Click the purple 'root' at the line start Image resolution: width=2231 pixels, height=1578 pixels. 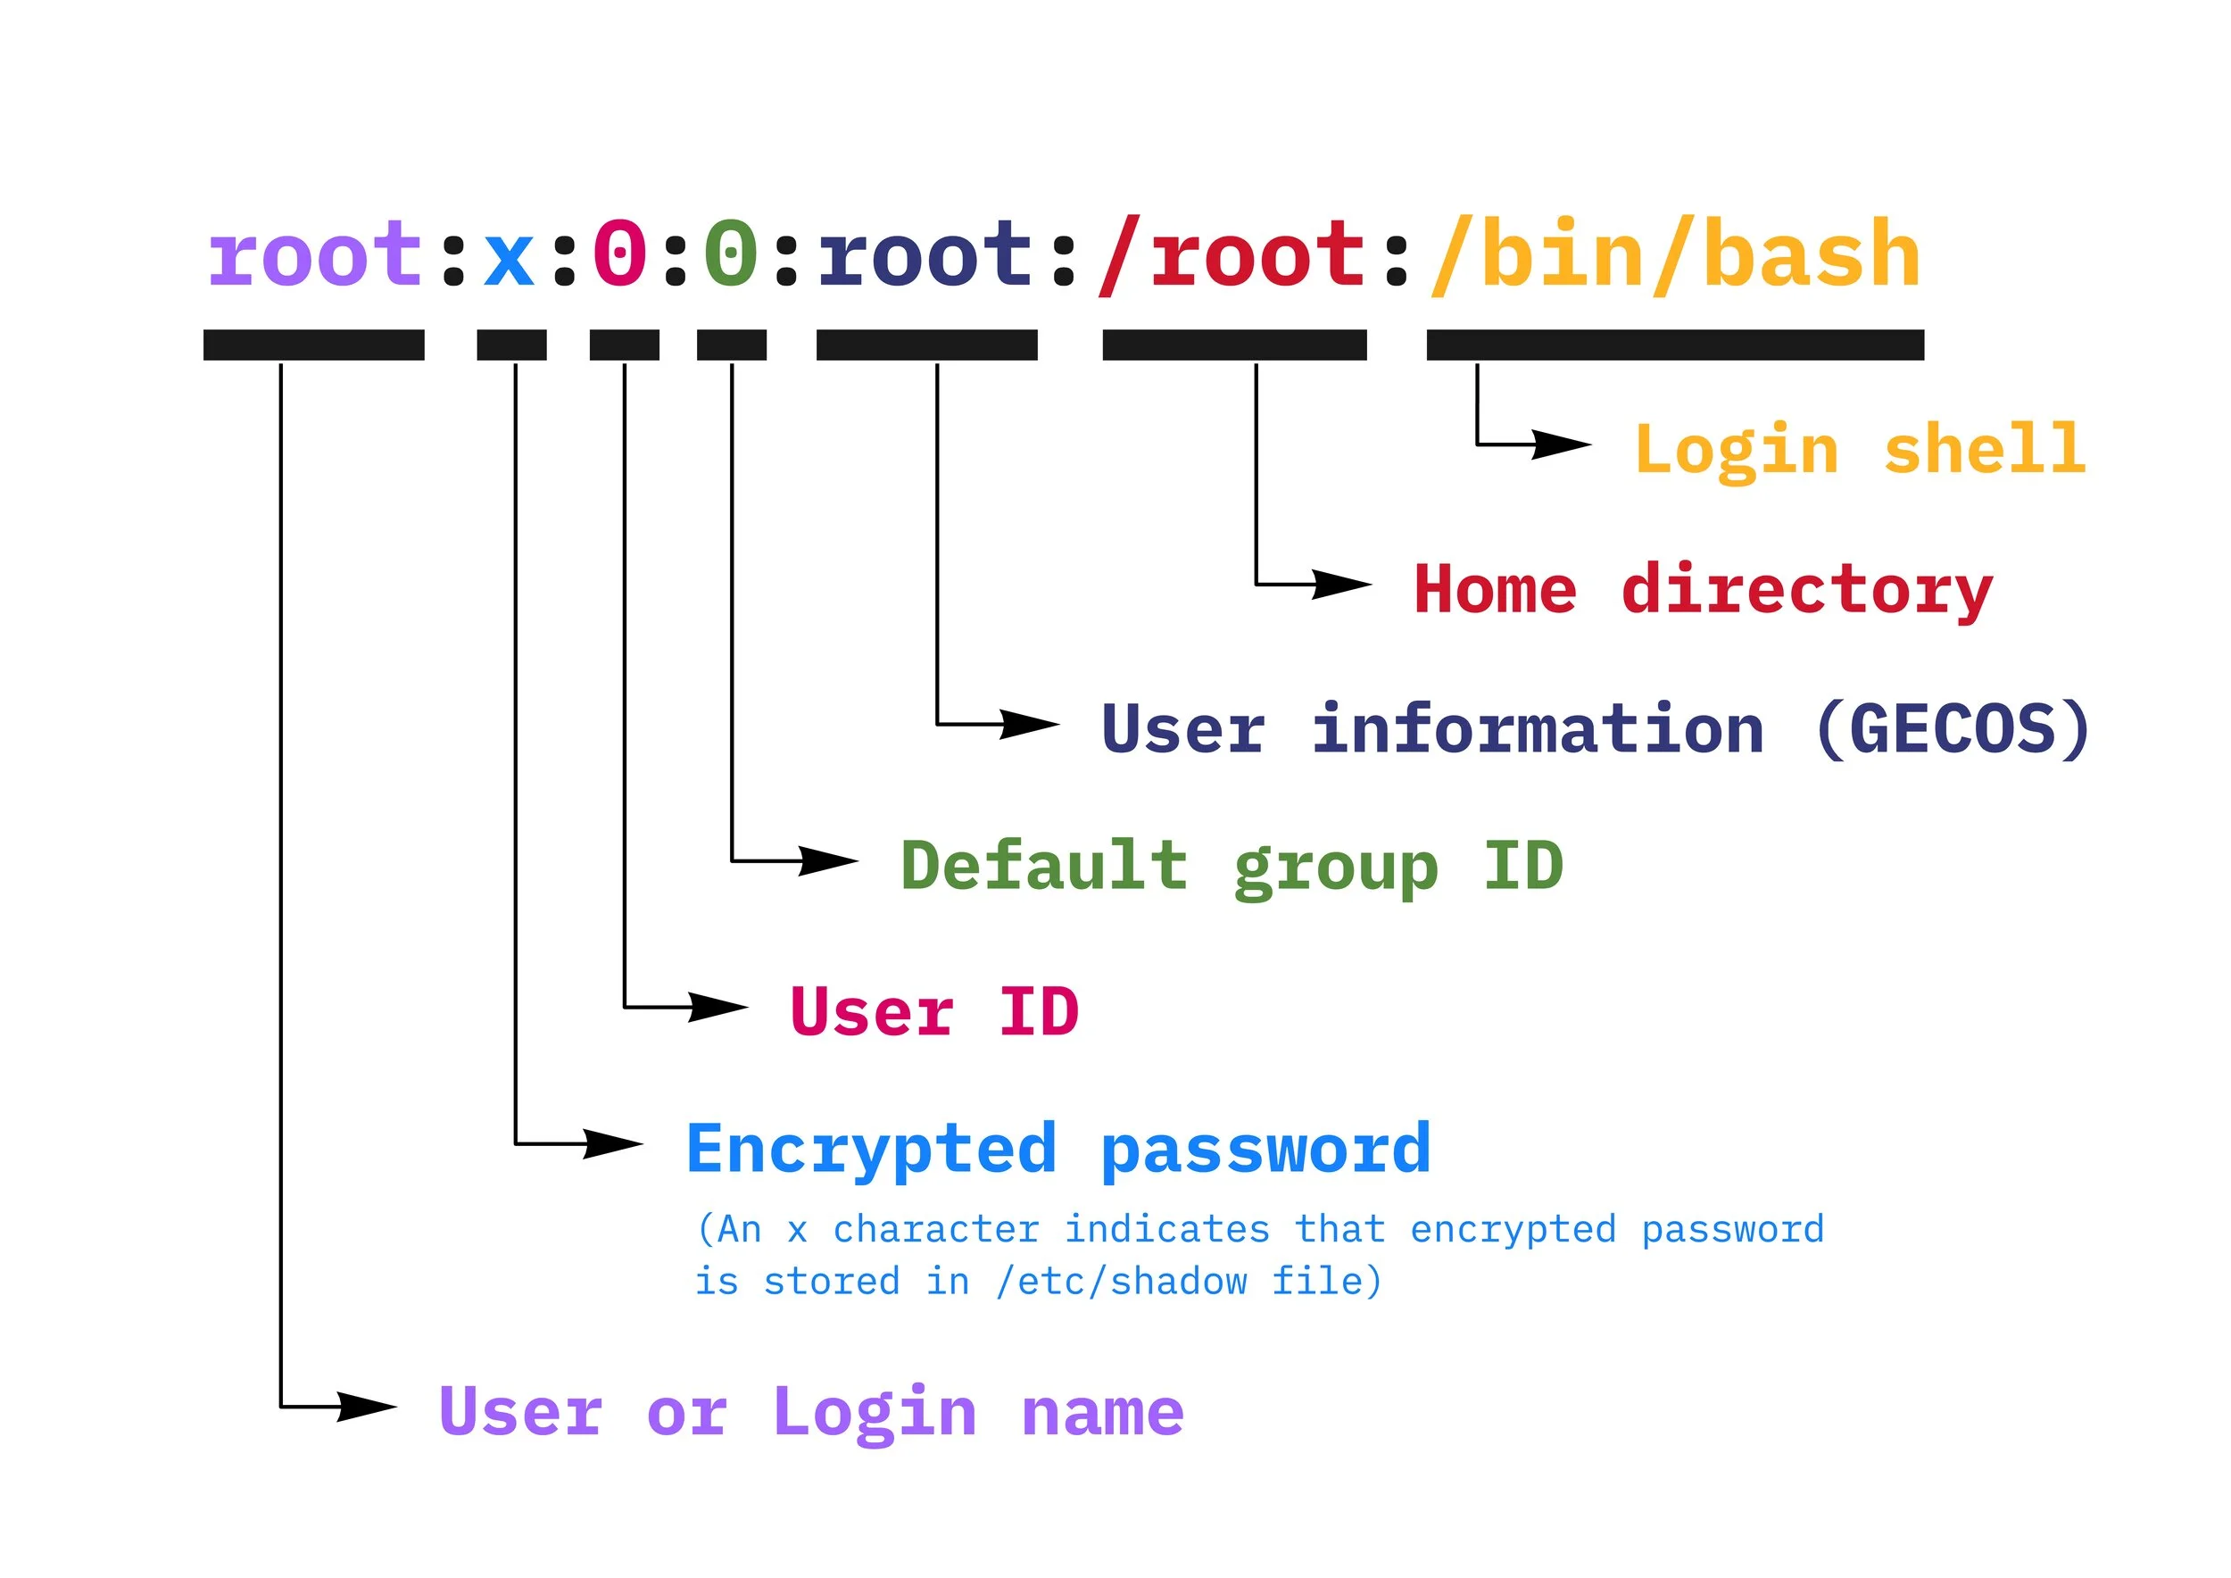point(314,254)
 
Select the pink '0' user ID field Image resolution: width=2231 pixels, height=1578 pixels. point(620,254)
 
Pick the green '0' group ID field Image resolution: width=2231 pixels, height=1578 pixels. point(731,254)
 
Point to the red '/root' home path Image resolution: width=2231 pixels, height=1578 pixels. point(1232,254)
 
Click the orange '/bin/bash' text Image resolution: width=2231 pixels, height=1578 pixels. point(1675,254)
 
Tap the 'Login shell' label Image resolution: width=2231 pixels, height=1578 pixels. point(1860,451)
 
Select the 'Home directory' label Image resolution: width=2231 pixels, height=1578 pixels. point(1703,590)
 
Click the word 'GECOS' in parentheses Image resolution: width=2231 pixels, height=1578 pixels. point(1953,730)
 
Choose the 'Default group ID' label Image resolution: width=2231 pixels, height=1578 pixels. point(1232,867)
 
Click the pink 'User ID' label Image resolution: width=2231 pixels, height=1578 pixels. point(933,1011)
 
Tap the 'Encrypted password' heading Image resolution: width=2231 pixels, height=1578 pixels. point(1058,1150)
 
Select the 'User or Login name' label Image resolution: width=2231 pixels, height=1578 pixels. point(810,1412)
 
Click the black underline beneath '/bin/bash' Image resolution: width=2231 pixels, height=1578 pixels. point(1674,345)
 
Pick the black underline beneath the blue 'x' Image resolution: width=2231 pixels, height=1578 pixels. point(511,345)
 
